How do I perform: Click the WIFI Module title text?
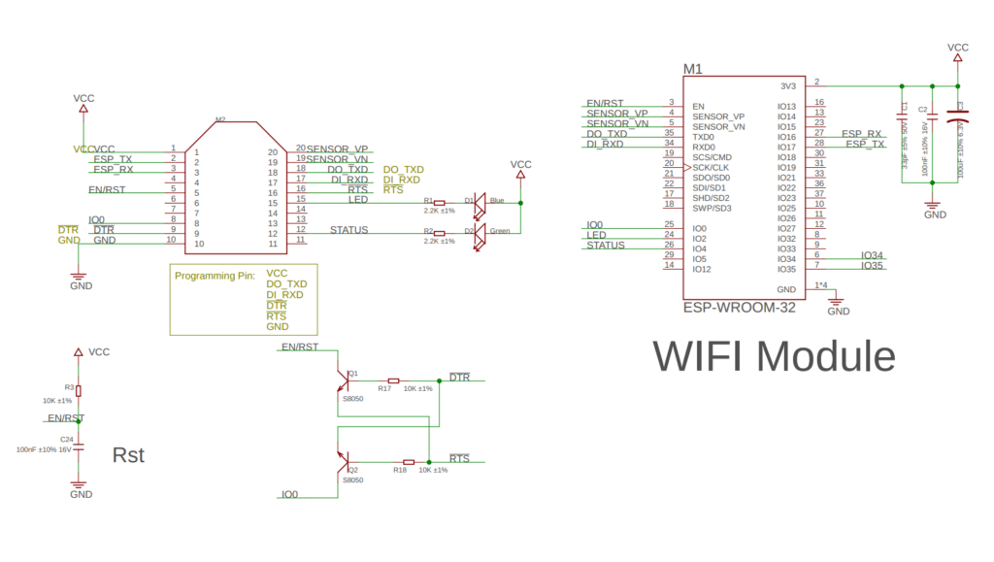pyautogui.click(x=773, y=356)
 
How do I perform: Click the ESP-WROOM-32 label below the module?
pyautogui.click(x=739, y=308)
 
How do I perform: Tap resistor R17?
pyautogui.click(x=393, y=380)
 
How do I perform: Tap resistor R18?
pyautogui.click(x=409, y=462)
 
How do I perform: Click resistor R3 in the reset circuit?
pyautogui.click(x=80, y=390)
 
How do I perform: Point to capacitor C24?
pyautogui.click(x=80, y=446)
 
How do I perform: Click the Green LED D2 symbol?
pyautogui.click(x=479, y=234)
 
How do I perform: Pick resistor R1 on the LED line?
pyautogui.click(x=439, y=203)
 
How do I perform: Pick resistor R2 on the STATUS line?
pyautogui.click(x=439, y=234)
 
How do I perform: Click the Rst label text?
pyautogui.click(x=128, y=454)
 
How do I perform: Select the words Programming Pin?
pyautogui.click(x=215, y=276)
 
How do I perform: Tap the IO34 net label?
pyautogui.click(x=872, y=255)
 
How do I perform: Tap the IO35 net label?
pyautogui.click(x=872, y=266)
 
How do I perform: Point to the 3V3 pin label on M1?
pyautogui.click(x=787, y=85)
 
